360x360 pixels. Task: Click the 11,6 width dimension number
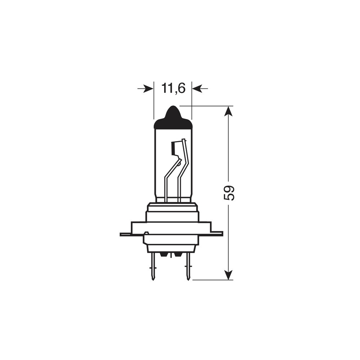pos(173,88)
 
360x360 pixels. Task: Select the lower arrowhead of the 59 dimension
pos(228,275)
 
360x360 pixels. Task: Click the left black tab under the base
pos(164,255)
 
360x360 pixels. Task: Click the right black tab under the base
pos(177,255)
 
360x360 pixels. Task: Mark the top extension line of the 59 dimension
pos(205,106)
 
